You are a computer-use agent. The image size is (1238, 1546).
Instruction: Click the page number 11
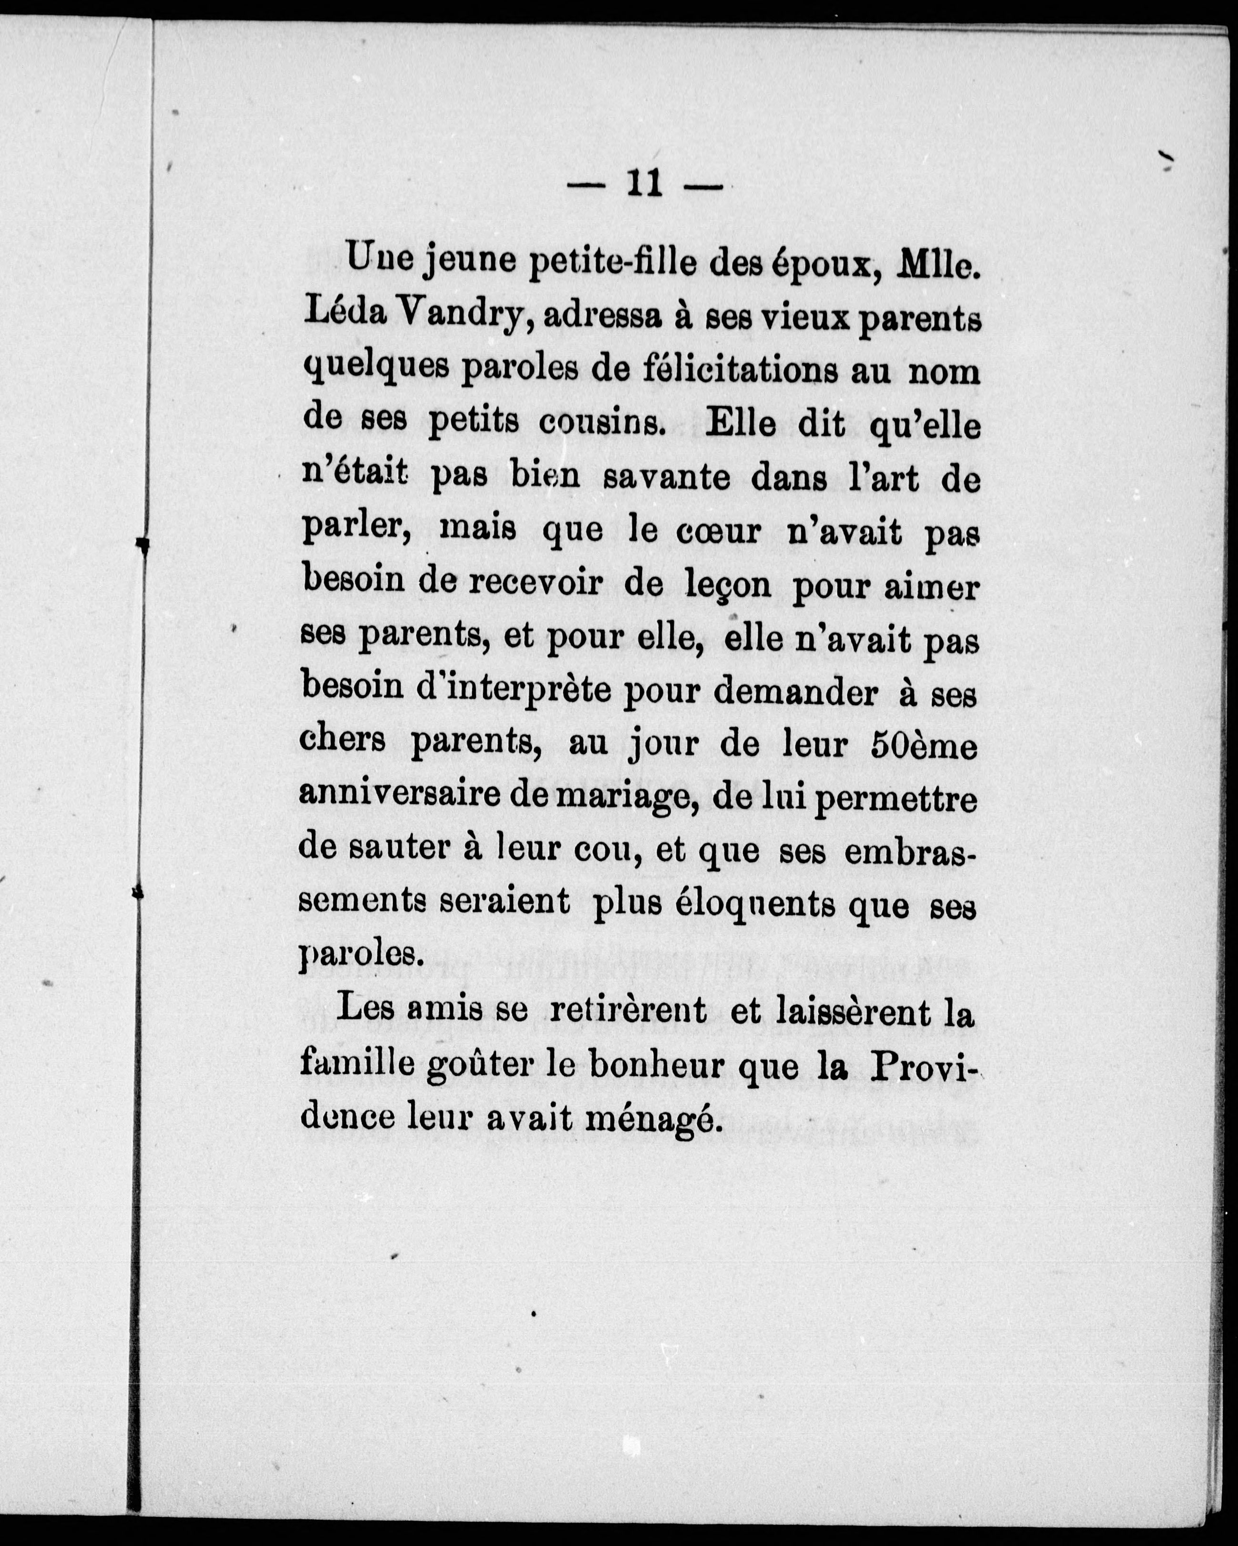[x=644, y=185]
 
